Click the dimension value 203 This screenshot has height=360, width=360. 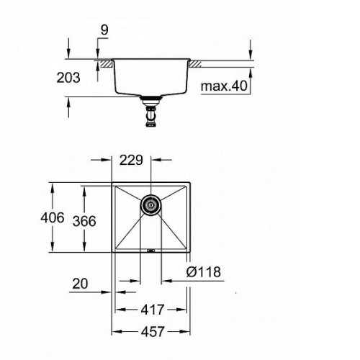click(68, 78)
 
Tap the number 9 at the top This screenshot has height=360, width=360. click(104, 30)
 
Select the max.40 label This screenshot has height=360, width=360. click(224, 86)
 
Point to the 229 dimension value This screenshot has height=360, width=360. click(131, 160)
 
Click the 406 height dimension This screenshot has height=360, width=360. click(53, 217)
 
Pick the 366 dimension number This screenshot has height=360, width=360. click(84, 221)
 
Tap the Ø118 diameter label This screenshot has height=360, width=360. click(204, 272)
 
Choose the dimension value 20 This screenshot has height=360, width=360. click(80, 284)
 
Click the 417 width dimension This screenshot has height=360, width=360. click(153, 310)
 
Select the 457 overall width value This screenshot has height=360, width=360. click(153, 332)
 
